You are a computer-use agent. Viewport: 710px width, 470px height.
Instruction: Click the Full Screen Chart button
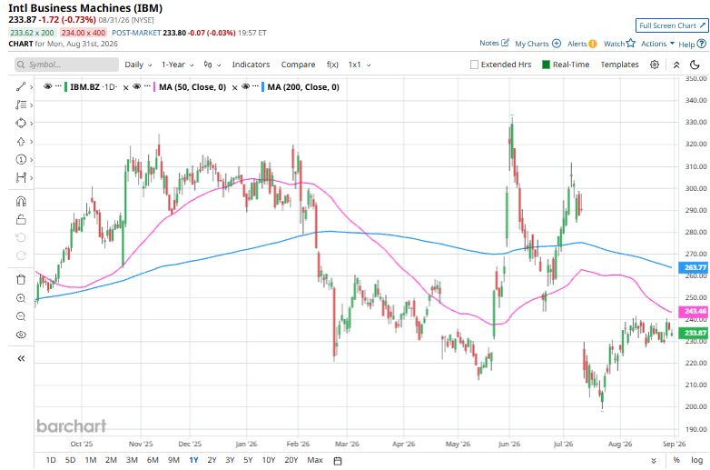click(x=672, y=25)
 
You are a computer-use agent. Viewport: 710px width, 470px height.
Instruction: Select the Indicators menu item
click(x=251, y=65)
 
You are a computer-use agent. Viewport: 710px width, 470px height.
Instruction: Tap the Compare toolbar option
click(x=298, y=65)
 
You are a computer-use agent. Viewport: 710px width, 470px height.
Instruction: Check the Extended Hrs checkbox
click(x=474, y=65)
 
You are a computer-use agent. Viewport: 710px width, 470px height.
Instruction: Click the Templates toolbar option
click(x=619, y=65)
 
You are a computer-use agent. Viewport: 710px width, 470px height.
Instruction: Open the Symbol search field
click(x=66, y=65)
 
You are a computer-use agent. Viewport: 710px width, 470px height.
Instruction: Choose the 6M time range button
click(x=153, y=460)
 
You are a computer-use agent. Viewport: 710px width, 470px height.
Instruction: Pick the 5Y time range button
click(x=248, y=460)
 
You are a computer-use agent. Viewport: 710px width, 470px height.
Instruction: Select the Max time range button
click(x=315, y=460)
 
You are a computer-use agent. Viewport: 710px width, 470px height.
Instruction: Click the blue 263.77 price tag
click(x=694, y=267)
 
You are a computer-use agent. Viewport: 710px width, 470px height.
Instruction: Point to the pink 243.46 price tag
click(x=694, y=311)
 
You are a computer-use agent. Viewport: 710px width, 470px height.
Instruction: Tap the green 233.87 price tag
click(x=694, y=333)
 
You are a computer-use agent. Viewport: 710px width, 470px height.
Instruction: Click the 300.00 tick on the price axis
click(x=696, y=188)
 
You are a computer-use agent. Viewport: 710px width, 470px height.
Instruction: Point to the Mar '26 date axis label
click(x=347, y=444)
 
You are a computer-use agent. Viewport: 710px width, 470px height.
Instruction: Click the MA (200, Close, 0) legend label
click(x=303, y=87)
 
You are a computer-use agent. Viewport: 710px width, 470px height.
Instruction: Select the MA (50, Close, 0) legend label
click(x=192, y=87)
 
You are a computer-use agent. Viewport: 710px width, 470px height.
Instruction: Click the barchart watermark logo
click(x=71, y=425)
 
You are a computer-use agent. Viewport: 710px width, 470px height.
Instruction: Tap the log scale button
click(x=696, y=460)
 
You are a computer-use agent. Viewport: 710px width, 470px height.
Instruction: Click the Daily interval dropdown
click(x=138, y=65)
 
